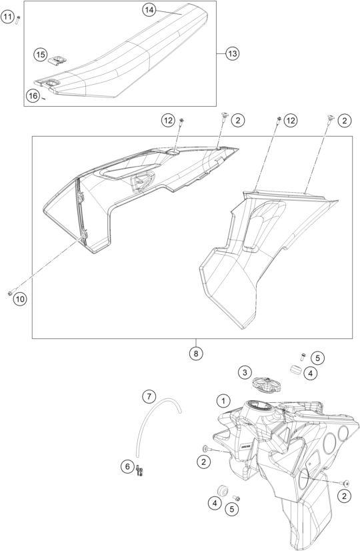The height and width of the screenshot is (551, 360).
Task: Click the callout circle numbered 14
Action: tap(149, 10)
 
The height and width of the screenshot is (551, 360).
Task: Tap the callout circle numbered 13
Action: tap(232, 54)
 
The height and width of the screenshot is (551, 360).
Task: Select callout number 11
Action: tap(7, 17)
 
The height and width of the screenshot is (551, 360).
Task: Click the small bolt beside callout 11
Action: tap(18, 20)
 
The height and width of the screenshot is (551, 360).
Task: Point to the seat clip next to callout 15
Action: tap(57, 60)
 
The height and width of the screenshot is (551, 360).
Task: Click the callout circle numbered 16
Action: tap(33, 96)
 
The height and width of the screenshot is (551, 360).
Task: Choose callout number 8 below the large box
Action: tap(196, 353)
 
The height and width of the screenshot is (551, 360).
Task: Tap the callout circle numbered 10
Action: tap(20, 299)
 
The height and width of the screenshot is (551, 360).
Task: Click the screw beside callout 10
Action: tap(11, 292)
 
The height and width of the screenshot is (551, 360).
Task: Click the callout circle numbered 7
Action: tap(149, 397)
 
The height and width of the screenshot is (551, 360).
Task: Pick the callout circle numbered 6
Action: tap(127, 467)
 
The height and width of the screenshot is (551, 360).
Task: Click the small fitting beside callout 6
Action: tap(140, 470)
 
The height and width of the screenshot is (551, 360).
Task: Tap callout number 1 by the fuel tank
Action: tap(223, 400)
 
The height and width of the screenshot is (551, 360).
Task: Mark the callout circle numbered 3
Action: tap(245, 372)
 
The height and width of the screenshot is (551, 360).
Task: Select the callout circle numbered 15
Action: tap(41, 55)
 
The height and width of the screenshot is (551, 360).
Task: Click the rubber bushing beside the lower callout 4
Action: tap(222, 490)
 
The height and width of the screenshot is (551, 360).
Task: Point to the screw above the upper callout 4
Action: tap(303, 357)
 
